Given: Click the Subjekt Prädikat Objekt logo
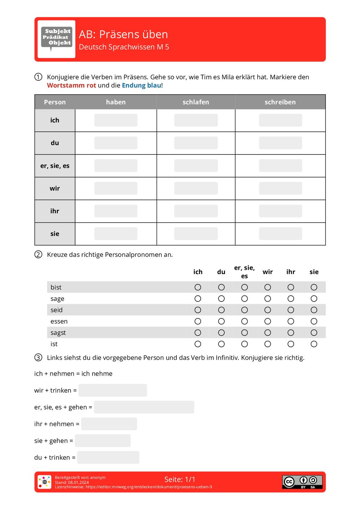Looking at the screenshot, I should tap(57, 39).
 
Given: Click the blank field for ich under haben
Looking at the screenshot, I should tap(116, 120).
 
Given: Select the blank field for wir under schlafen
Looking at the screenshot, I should tap(196, 188).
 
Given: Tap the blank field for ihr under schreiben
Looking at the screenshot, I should tap(280, 211).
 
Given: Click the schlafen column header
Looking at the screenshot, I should tap(196, 102).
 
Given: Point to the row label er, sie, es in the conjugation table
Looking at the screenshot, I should tap(55, 166).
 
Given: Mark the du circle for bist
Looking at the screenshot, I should tap(221, 287).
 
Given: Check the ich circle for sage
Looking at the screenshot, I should tap(198, 299).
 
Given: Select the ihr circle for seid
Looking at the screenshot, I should tap(291, 310).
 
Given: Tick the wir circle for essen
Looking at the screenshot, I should tap(267, 321).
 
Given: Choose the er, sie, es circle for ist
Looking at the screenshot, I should tap(244, 344).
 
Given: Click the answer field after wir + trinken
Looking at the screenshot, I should tap(113, 390).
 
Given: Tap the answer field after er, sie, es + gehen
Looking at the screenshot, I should tap(144, 407).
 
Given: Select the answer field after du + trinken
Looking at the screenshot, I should tap(108, 457).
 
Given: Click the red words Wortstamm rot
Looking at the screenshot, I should tap(71, 85).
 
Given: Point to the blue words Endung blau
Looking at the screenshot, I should tap(141, 85).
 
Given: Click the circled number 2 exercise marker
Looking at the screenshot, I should tap(38, 255).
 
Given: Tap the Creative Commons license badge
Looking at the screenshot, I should tap(302, 482).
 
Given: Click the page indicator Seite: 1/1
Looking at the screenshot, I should tap(180, 479).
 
